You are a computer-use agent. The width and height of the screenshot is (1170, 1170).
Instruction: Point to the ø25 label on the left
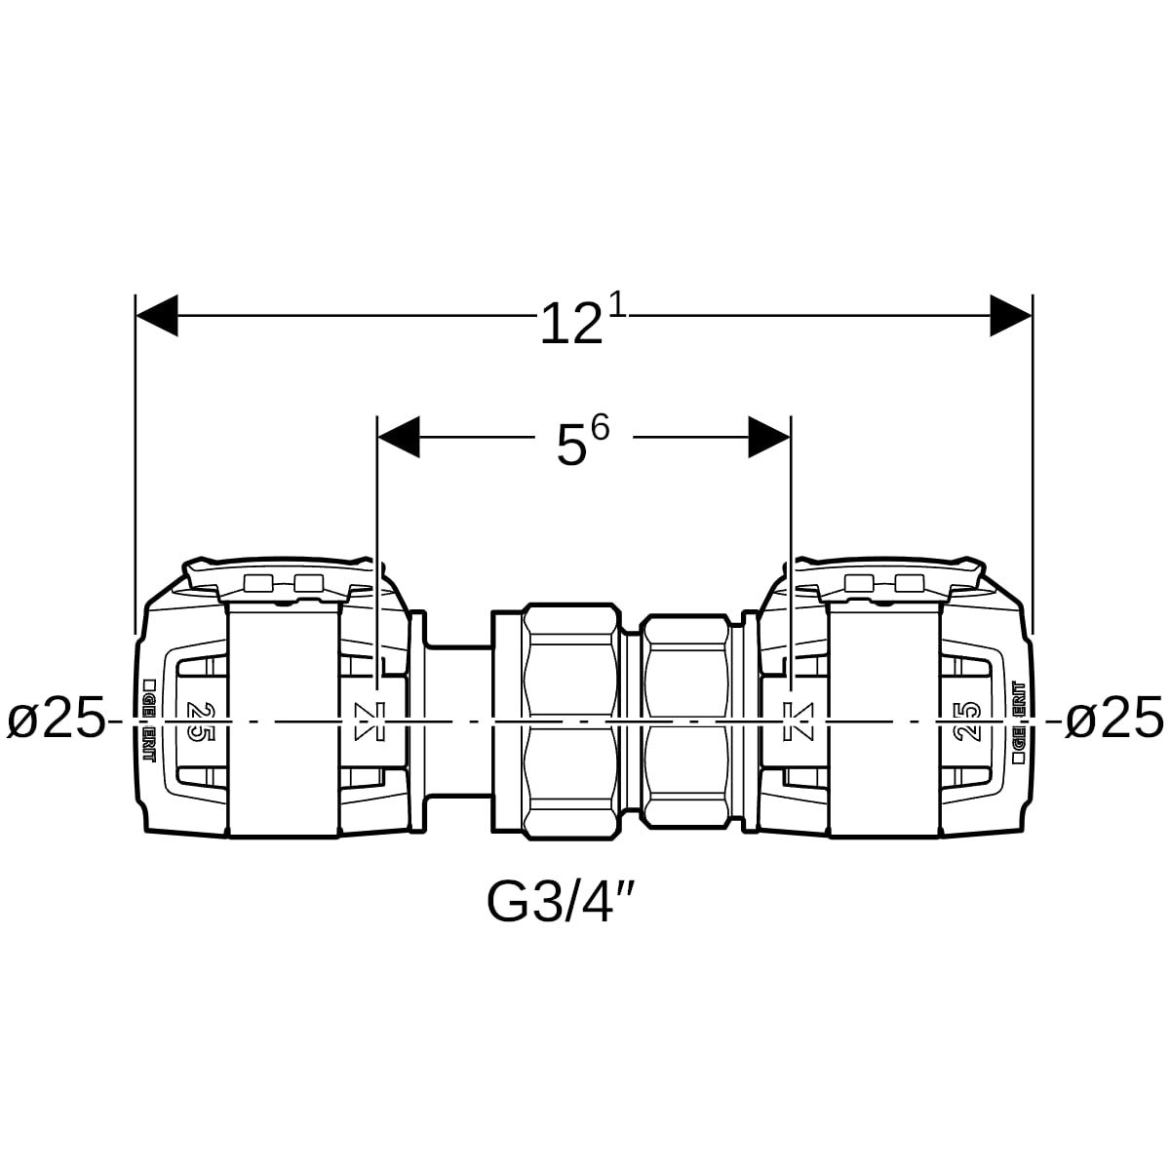(x=56, y=721)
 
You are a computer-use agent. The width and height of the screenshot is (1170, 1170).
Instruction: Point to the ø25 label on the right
(x=1113, y=721)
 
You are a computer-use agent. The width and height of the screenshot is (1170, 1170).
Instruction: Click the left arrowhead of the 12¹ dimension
(x=156, y=316)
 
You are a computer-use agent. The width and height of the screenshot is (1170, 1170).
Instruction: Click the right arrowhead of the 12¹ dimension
(x=1011, y=316)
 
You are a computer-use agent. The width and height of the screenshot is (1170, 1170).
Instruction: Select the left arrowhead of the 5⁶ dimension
(x=398, y=437)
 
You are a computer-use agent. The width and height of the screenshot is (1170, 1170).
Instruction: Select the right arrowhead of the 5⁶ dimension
(x=769, y=437)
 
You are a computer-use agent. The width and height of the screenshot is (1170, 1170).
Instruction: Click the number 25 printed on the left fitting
(x=198, y=721)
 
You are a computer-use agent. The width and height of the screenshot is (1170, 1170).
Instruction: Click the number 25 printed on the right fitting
(x=968, y=721)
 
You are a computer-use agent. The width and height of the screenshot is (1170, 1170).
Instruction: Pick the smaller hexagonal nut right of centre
(x=687, y=721)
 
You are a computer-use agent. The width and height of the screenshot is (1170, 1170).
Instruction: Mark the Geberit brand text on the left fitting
(x=150, y=721)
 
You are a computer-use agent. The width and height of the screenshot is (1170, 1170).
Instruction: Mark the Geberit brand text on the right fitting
(x=1018, y=721)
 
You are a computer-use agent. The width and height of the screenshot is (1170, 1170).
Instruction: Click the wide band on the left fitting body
(x=283, y=721)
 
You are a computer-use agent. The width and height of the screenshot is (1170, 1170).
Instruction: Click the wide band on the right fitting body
(x=884, y=721)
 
